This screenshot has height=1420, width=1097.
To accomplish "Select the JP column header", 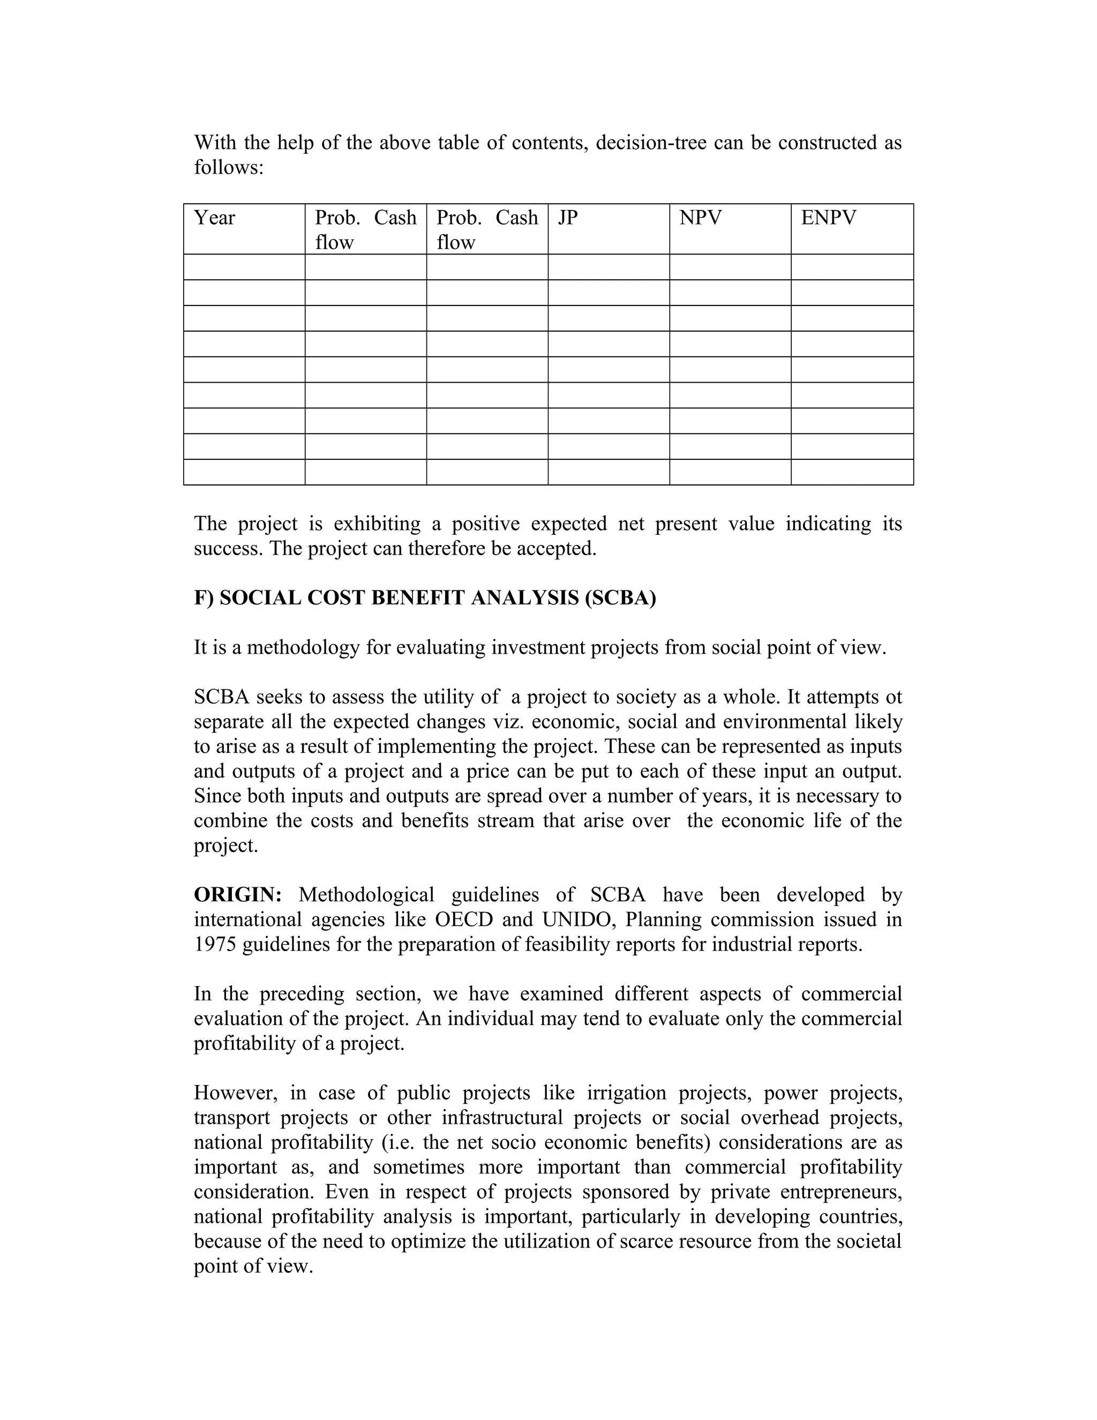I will tap(567, 218).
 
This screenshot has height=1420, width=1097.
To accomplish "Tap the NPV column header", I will tap(700, 218).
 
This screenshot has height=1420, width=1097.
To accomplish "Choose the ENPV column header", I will tap(829, 218).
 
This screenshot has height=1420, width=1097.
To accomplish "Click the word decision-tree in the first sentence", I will tap(650, 143).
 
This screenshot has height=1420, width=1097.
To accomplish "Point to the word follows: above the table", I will tap(229, 167).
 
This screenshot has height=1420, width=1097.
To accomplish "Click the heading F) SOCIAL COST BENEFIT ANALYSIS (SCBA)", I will tap(425, 597).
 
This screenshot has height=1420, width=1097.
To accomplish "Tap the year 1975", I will tap(215, 944).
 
